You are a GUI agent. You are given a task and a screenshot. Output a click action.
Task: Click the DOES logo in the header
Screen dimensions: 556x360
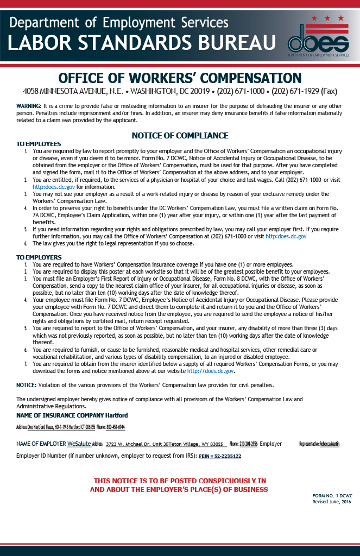(x=318, y=40)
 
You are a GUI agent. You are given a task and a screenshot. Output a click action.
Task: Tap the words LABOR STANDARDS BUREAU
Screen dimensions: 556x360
(x=142, y=42)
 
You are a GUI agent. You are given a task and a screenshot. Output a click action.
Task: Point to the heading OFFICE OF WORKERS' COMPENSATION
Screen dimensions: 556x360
(x=180, y=78)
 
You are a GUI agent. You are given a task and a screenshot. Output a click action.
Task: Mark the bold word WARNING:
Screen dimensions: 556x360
(x=29, y=105)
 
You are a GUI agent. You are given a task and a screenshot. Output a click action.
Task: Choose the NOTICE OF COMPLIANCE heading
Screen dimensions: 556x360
(x=180, y=135)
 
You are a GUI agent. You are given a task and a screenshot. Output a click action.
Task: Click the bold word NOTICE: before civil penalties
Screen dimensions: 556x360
(x=26, y=385)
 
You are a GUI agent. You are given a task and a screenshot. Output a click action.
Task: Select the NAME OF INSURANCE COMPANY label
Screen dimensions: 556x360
(x=60, y=415)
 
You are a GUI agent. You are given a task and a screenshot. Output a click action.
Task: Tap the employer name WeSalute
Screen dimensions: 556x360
(x=79, y=444)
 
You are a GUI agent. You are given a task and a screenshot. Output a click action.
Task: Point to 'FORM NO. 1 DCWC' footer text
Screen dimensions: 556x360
(x=332, y=496)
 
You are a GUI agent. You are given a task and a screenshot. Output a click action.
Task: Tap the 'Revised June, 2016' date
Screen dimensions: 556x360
(x=332, y=502)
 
